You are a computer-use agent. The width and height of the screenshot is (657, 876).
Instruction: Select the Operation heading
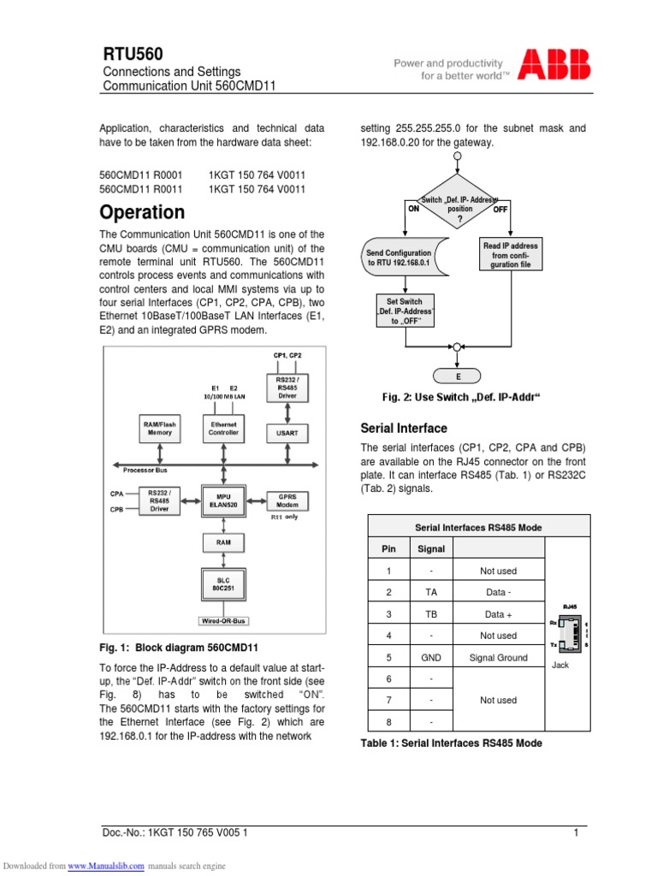pyautogui.click(x=142, y=211)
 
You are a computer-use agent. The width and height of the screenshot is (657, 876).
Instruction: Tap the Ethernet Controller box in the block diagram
pyautogui.click(x=223, y=428)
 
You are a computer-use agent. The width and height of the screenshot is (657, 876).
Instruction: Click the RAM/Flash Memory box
pyautogui.click(x=160, y=428)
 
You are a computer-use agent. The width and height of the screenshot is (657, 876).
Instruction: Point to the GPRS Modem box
pyautogui.click(x=287, y=500)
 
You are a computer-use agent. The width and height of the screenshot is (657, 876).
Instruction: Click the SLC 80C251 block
pyautogui.click(x=223, y=584)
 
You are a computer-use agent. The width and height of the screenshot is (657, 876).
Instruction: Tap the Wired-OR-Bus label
pyautogui.click(x=223, y=621)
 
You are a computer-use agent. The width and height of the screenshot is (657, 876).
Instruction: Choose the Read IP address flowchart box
pyautogui.click(x=511, y=254)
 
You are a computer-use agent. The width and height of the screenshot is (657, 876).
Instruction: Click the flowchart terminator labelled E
pyautogui.click(x=458, y=376)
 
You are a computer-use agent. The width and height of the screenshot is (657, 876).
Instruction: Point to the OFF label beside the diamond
pyautogui.click(x=500, y=209)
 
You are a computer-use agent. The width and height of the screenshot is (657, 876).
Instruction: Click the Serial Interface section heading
pyautogui.click(x=404, y=428)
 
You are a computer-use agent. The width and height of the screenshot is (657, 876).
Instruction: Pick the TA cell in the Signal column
pyautogui.click(x=431, y=591)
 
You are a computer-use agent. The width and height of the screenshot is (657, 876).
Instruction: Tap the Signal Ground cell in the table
pyautogui.click(x=498, y=658)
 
